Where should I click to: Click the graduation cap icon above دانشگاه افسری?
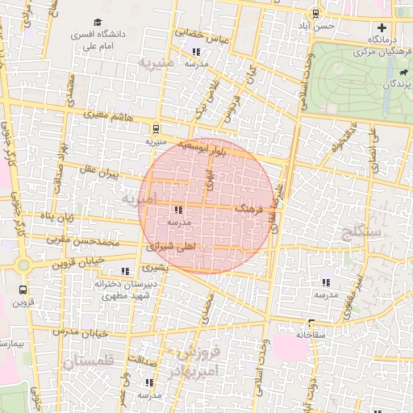tap(98, 23)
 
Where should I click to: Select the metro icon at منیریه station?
tap(155, 127)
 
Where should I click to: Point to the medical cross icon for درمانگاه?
tap(382, 28)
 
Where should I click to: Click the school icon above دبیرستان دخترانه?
tap(124, 272)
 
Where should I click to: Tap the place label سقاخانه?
tap(312, 334)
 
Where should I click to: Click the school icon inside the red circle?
tap(177, 210)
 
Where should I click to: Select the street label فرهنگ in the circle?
tap(248, 208)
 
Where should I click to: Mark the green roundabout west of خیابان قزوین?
tap(21, 265)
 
